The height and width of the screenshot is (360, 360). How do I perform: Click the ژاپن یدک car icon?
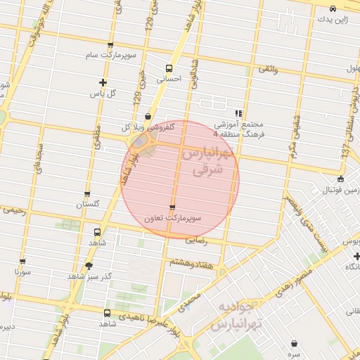point(333,8)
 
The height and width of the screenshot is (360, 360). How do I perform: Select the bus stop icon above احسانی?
point(169,68)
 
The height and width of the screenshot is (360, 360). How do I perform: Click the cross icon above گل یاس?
point(103,82)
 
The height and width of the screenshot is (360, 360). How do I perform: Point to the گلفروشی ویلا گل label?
point(146,127)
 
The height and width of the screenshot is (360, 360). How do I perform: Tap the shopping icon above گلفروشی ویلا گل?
point(147,117)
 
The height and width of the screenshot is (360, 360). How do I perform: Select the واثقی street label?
point(269,70)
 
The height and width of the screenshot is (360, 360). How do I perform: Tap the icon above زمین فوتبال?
point(341,179)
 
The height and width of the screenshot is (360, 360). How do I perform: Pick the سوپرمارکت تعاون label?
point(173,218)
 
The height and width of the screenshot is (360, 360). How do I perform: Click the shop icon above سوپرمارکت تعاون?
point(172,207)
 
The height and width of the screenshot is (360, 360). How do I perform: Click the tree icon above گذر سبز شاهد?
point(88,266)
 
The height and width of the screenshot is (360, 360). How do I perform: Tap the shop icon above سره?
point(293,342)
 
